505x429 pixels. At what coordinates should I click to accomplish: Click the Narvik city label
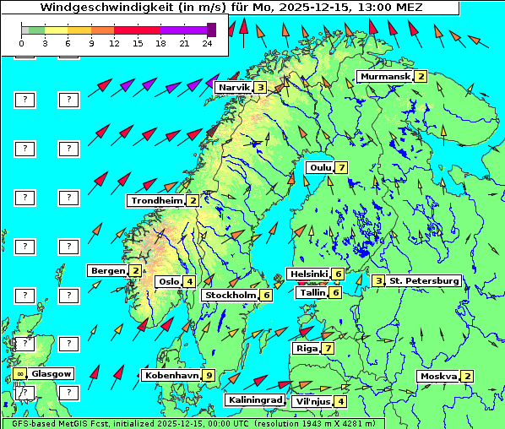point(234,88)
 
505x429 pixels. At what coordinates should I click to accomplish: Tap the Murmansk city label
point(384,77)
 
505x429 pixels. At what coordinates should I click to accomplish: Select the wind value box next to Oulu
point(341,167)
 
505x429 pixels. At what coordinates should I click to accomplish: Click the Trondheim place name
point(156,201)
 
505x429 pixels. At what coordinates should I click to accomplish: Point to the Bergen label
point(107,271)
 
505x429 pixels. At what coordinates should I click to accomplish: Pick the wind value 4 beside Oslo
point(189,282)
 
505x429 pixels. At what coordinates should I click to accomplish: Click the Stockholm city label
point(230,296)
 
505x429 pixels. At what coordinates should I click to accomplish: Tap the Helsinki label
point(308,274)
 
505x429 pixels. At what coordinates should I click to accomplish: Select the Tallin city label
point(312,293)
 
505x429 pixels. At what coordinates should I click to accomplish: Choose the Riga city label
point(305,348)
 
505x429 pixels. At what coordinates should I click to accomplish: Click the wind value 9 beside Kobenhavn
point(209,376)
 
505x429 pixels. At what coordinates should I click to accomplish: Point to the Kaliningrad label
point(254,400)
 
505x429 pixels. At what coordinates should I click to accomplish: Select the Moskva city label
point(438,377)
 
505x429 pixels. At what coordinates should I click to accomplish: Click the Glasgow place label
point(52,373)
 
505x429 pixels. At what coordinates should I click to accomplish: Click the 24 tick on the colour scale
point(208,42)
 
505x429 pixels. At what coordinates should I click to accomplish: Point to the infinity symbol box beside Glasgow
point(19,373)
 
